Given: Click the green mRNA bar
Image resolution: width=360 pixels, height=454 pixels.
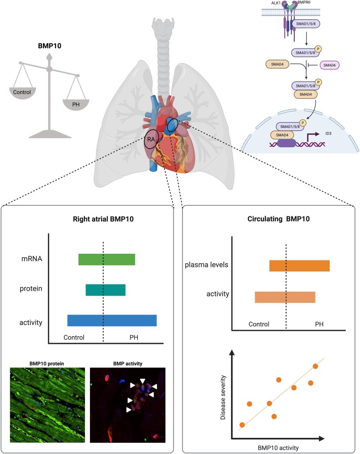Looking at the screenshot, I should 107,259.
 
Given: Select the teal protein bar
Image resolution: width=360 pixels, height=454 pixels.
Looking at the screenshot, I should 105,290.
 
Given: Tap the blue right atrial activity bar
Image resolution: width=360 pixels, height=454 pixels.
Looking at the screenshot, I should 112,321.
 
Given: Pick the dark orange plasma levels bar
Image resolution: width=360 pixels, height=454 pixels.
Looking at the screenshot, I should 299,266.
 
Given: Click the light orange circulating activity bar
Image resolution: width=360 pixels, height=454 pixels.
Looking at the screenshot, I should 285,297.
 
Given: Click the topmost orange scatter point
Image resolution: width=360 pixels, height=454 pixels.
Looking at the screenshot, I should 316,366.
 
